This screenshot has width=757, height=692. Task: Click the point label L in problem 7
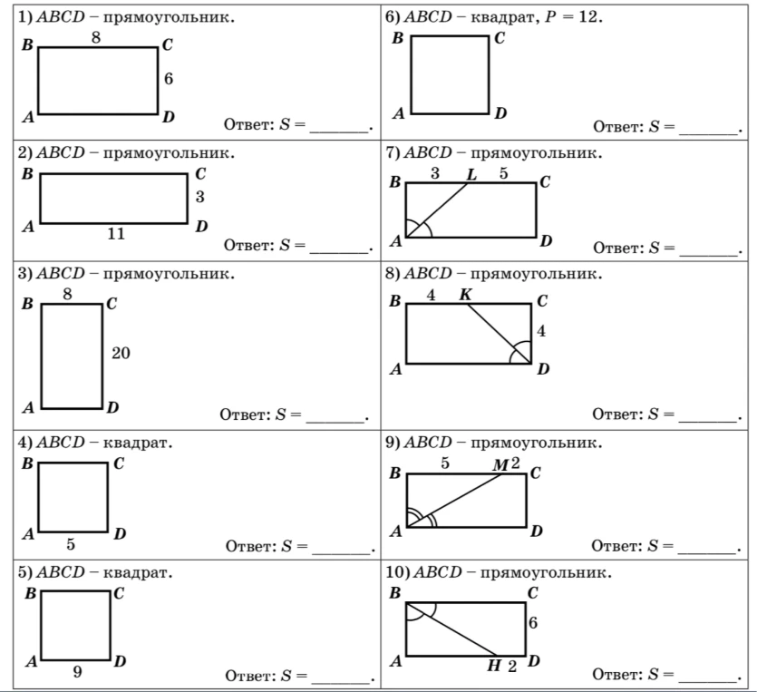click(471, 174)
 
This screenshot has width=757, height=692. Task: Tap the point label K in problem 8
click(465, 294)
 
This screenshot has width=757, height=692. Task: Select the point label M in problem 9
click(500, 464)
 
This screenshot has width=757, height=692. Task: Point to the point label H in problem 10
click(494, 666)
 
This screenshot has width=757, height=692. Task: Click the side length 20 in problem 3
click(121, 353)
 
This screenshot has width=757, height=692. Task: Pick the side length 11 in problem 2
click(116, 234)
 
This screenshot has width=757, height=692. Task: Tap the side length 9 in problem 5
click(77, 672)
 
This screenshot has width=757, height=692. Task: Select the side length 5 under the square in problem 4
click(71, 544)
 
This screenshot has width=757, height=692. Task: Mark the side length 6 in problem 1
click(168, 78)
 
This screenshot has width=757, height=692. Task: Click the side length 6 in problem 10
click(532, 623)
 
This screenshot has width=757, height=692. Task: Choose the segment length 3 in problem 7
click(435, 173)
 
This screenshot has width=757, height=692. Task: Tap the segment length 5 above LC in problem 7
click(503, 173)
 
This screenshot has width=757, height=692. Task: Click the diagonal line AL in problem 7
click(437, 210)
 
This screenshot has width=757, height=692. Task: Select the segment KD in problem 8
click(499, 333)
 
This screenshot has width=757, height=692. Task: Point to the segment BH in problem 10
click(451, 629)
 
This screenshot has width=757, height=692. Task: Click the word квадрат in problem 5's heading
click(137, 572)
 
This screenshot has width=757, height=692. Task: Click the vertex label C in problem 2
click(201, 174)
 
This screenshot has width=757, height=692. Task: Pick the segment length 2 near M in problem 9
click(515, 463)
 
